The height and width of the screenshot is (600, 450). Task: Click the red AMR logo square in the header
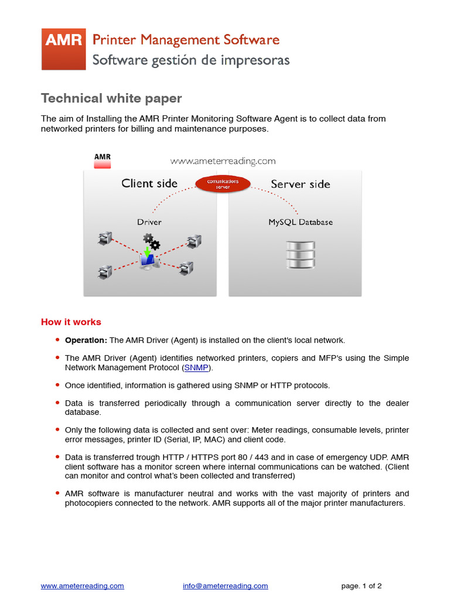[x=63, y=49]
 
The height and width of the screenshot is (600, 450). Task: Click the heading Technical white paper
[x=111, y=98]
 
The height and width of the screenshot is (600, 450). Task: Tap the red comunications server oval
[x=223, y=184]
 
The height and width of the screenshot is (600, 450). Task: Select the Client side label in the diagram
[x=149, y=183]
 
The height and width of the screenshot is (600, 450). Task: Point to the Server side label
[x=300, y=184]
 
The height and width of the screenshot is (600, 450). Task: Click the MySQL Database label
[x=300, y=222]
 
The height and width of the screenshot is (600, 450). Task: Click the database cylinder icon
[x=301, y=255]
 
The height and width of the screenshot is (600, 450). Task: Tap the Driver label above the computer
[x=149, y=222]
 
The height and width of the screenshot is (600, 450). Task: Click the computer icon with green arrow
[x=148, y=258]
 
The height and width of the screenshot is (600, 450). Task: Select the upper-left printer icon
[x=105, y=238]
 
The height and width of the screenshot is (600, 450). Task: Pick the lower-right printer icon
[x=186, y=268]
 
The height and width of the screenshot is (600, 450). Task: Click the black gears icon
[x=151, y=241]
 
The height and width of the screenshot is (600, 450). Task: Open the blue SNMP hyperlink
[x=196, y=368]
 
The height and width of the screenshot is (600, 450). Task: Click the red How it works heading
[x=71, y=322]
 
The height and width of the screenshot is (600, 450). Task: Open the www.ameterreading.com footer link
[x=82, y=585]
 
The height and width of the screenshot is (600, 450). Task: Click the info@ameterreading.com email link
[x=225, y=585]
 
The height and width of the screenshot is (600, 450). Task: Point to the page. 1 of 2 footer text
[x=362, y=585]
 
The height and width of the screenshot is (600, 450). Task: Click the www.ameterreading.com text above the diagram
[x=223, y=161]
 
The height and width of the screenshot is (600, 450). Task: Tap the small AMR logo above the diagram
[x=103, y=161]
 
